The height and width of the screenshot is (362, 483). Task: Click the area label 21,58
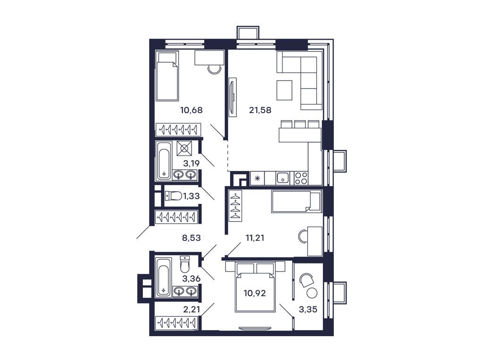pos(260,111)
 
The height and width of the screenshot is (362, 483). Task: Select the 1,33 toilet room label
pos(191,196)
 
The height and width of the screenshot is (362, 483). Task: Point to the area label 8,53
pos(192,238)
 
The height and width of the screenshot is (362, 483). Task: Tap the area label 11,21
pos(255,238)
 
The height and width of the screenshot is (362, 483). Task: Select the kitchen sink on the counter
pos(283,178)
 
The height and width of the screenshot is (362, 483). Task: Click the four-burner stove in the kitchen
pos(301,178)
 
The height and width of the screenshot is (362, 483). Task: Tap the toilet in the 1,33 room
pos(173,196)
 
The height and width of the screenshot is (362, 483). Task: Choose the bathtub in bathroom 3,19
pos(164,160)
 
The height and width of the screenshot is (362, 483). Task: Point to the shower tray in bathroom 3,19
pos(184,148)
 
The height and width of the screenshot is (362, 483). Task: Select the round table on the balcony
pos(312,293)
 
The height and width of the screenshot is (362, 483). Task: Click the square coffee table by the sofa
pos(284,90)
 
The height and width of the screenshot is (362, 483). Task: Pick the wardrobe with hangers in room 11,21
pos(235,205)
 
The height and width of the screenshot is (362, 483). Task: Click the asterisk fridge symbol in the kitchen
pos(258,178)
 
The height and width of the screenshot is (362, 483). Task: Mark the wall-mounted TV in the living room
pos(232,96)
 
